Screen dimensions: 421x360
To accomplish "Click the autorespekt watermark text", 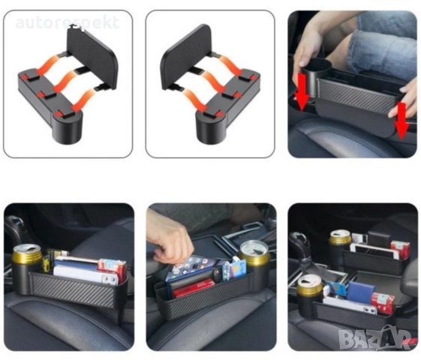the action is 67,22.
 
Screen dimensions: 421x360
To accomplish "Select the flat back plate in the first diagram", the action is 92,58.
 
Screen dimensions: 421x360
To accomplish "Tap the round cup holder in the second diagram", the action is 210,128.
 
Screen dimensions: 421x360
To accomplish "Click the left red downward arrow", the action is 302,91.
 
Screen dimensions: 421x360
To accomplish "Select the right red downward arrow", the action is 402,121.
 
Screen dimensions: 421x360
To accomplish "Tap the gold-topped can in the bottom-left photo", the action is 27,256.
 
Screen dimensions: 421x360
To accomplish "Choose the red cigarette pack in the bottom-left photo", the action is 113,269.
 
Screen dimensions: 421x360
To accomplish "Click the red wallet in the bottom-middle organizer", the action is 194,288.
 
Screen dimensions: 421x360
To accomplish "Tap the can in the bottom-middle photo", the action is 254,253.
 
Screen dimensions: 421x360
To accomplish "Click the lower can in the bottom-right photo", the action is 310,286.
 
